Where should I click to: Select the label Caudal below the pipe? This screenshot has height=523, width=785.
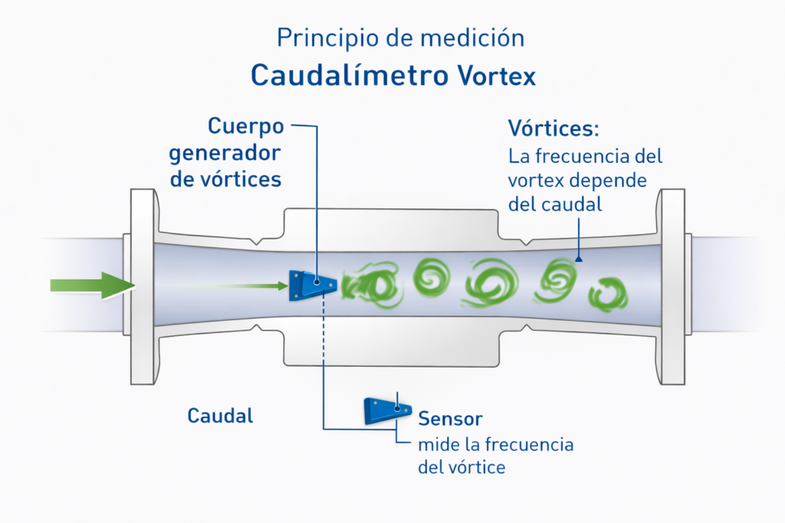pyautogui.click(x=220, y=416)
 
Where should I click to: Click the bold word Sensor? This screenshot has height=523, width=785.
pyautogui.click(x=450, y=419)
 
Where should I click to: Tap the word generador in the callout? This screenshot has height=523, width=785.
pyautogui.click(x=225, y=152)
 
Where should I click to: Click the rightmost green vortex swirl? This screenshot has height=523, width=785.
pyautogui.click(x=607, y=295)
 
